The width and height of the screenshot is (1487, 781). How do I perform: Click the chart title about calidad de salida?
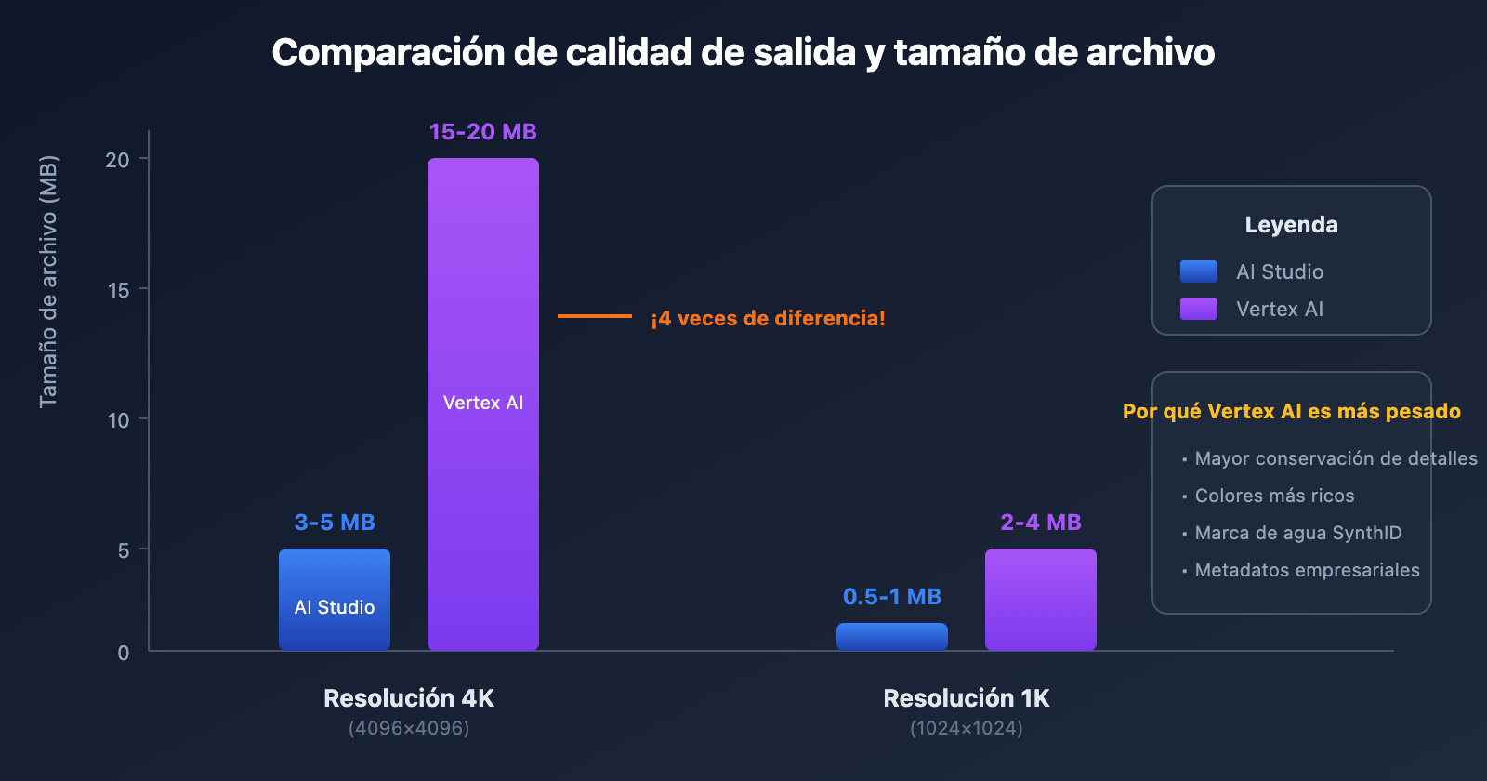743,53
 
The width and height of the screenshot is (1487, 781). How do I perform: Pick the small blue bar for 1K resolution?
892,637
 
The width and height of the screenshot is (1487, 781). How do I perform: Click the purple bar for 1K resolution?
1041,599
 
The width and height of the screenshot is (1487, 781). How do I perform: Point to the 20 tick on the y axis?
118,160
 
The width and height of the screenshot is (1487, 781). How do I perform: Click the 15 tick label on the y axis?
118,290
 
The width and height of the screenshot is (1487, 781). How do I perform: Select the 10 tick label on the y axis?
118,420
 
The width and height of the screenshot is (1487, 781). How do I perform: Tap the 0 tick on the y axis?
124,653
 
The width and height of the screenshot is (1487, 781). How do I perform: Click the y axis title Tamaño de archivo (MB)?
48,281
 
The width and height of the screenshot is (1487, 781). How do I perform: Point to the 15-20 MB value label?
483,132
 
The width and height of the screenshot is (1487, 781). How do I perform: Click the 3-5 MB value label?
335,523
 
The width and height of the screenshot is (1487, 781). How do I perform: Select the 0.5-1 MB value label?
892,597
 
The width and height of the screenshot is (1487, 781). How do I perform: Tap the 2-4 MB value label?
1041,523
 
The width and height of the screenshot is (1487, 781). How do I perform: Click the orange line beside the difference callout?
595,316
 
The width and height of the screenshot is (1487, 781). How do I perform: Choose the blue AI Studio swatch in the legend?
1199,271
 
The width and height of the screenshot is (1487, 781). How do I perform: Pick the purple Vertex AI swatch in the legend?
1199,309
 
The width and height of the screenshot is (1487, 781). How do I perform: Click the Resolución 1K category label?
967,698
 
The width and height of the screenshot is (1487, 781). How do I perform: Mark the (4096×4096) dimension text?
409,728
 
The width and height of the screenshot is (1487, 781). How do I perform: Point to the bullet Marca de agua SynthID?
1297,533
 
